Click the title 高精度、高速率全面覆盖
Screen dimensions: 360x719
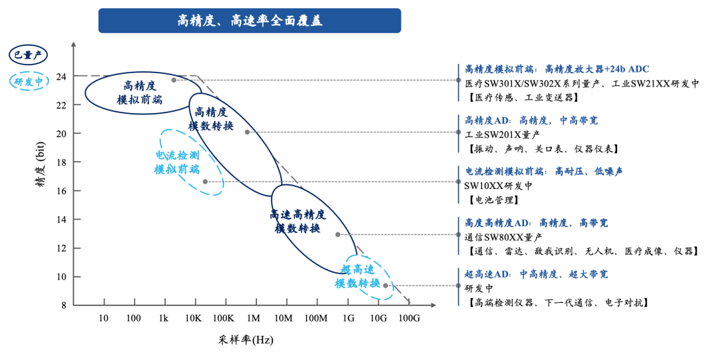(x=250, y=21)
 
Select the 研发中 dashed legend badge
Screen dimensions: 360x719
(x=28, y=81)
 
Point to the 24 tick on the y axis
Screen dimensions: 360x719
(x=61, y=77)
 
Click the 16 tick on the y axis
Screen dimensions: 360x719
(x=61, y=191)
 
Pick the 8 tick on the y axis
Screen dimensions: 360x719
(x=64, y=305)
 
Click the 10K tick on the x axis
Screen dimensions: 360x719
(x=194, y=318)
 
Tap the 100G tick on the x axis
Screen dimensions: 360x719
(x=409, y=318)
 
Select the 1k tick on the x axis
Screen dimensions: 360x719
(x=163, y=318)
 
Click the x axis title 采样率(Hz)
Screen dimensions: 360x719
(x=246, y=340)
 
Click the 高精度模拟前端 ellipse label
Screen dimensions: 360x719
(x=140, y=92)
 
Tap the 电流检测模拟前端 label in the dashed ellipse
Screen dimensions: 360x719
(x=177, y=162)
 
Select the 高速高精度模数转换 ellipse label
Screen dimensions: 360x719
(x=298, y=222)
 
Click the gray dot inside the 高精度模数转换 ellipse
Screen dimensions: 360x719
(x=247, y=132)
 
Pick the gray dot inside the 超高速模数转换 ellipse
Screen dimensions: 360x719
(x=385, y=285)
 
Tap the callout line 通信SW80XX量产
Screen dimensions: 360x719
(x=503, y=237)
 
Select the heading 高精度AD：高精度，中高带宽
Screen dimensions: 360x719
(x=531, y=120)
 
